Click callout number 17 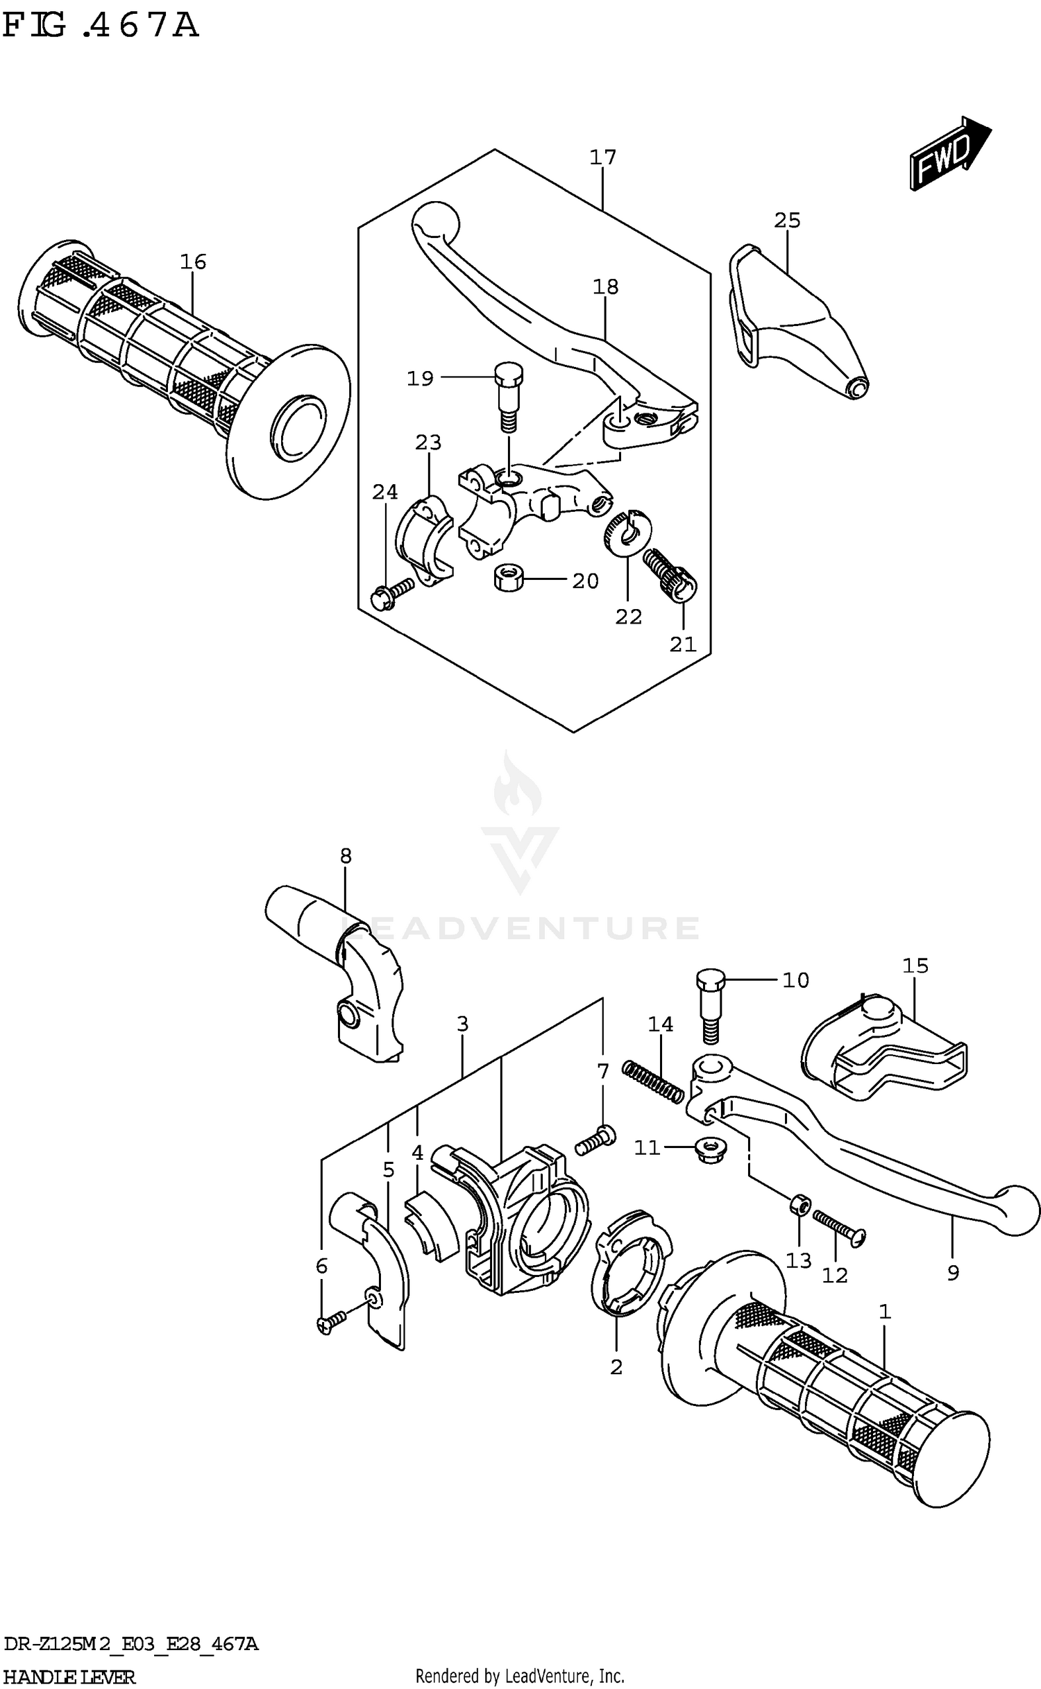[602, 157]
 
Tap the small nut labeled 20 [509, 577]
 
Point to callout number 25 [787, 221]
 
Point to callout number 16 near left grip [193, 262]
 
